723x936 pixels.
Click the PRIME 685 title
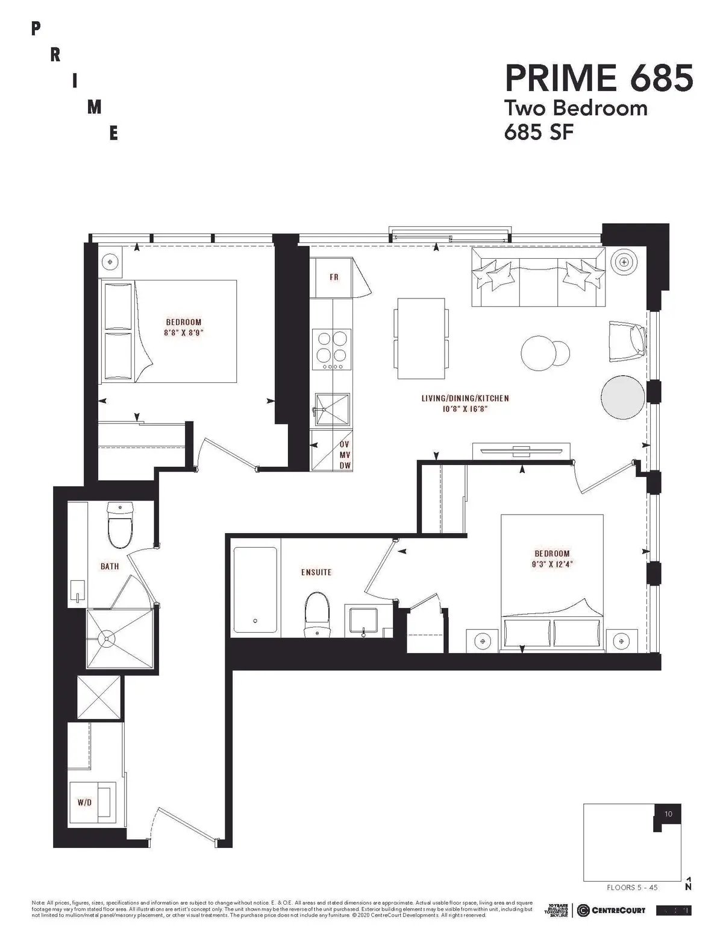(598, 78)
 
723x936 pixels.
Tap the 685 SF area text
(538, 132)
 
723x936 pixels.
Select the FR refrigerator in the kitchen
(333, 277)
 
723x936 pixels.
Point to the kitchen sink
(332, 410)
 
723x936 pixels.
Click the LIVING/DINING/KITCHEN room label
(465, 399)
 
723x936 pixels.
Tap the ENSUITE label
(316, 572)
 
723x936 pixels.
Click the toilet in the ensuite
(318, 614)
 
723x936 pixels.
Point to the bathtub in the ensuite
(255, 590)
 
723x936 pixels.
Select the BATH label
(110, 566)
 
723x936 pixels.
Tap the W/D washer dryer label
(84, 803)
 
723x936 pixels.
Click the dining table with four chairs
(421, 338)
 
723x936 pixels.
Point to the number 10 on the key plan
(668, 814)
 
